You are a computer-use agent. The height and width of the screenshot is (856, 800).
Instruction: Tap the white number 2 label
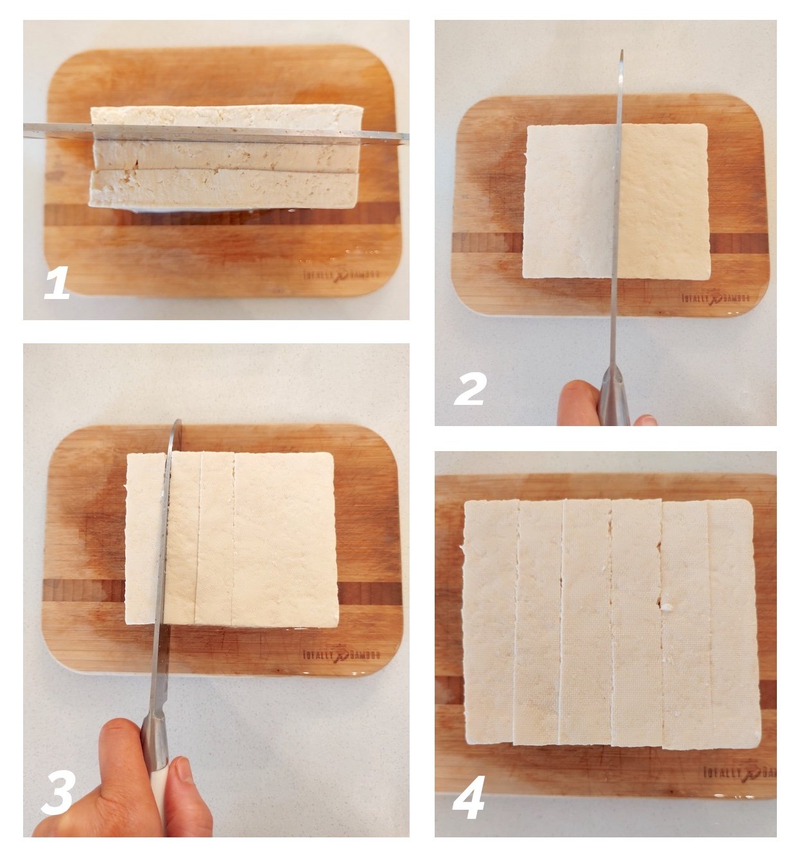(x=470, y=389)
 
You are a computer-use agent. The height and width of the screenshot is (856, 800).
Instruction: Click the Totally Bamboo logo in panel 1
(x=341, y=275)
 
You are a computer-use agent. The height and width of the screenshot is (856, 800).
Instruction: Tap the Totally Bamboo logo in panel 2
(x=715, y=298)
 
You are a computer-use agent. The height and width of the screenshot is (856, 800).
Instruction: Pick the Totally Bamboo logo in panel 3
(x=341, y=655)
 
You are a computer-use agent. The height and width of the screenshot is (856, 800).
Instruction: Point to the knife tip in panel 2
(x=621, y=54)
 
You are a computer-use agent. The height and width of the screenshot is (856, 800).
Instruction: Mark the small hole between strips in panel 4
(x=663, y=604)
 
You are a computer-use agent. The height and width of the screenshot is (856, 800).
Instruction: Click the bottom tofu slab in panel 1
(x=222, y=190)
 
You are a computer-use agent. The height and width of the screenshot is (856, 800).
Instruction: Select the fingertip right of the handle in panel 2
(x=645, y=421)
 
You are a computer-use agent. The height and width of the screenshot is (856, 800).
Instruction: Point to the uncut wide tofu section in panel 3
(x=286, y=539)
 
